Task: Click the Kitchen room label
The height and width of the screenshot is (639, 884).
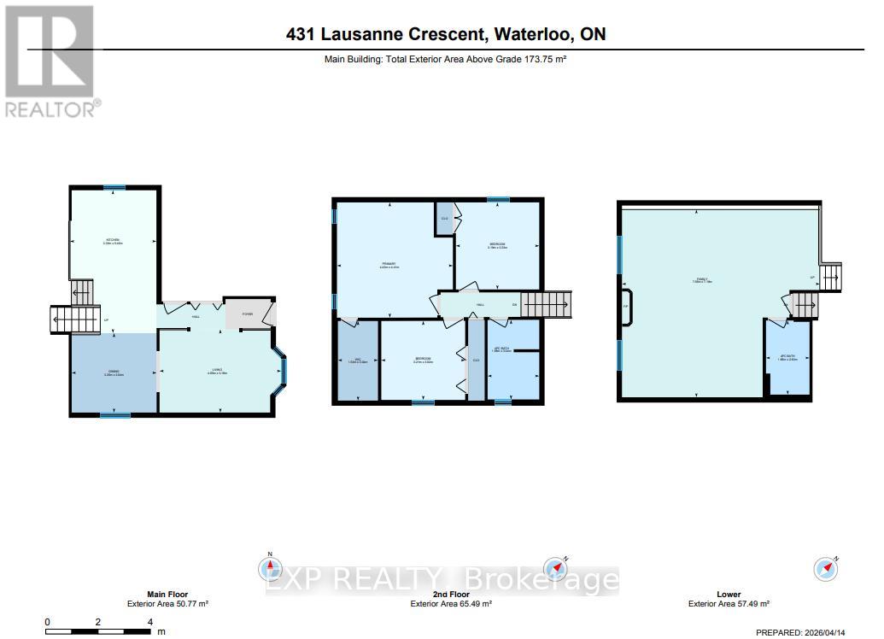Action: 113,240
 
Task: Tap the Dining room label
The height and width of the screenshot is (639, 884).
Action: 113,372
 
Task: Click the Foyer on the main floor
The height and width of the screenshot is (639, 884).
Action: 248,314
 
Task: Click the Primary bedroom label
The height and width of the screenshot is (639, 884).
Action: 389,264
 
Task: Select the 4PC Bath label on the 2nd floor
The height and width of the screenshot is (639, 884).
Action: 502,349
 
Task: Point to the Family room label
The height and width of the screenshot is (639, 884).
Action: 703,279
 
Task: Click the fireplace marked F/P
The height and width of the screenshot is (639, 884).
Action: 626,306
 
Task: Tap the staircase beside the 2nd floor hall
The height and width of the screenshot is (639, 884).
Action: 546,303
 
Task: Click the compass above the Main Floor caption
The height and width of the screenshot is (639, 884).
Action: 270,567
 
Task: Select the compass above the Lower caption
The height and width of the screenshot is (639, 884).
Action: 826,568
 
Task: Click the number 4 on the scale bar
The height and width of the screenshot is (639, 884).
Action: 150,622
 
